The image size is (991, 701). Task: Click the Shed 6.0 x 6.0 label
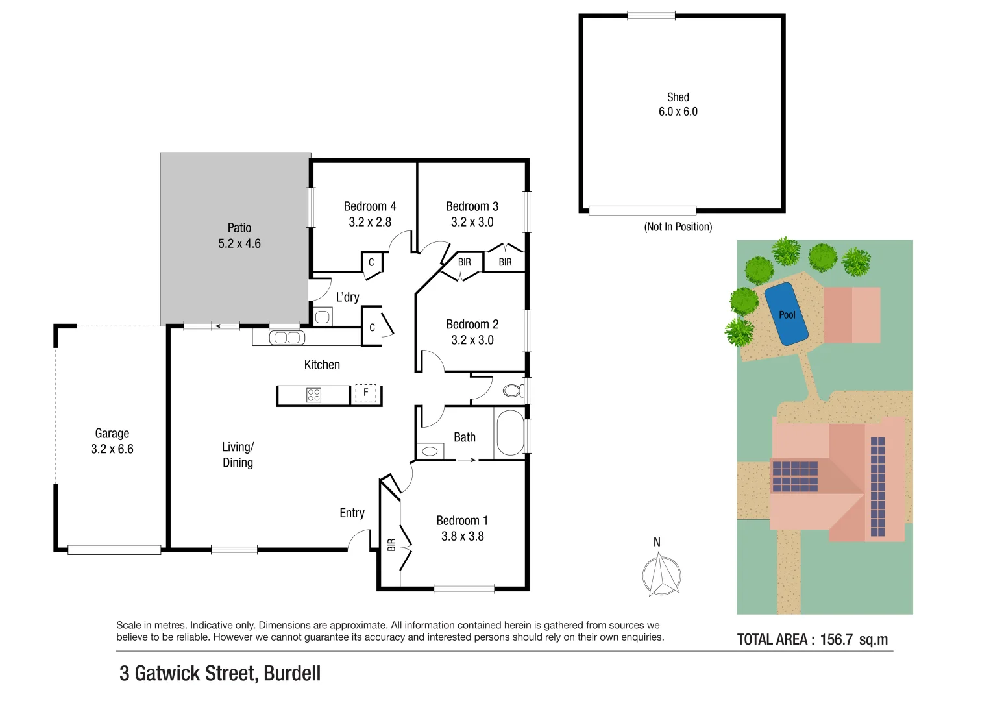click(x=678, y=104)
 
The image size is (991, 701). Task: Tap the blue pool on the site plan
click(x=786, y=314)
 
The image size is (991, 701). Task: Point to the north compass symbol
click(x=661, y=574)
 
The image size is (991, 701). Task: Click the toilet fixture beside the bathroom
click(x=513, y=391)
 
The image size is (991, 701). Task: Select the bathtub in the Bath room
click(x=509, y=432)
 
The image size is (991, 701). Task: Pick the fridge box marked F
click(x=365, y=393)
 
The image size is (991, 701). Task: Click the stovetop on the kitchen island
click(x=313, y=395)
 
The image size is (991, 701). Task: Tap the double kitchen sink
click(x=287, y=338)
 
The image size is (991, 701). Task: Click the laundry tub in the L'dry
click(x=322, y=317)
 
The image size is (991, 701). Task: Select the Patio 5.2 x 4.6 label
click(x=239, y=236)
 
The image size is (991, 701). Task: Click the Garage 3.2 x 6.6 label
click(x=112, y=441)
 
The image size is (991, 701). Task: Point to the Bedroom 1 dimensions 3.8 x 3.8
click(x=462, y=536)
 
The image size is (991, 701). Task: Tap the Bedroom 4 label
click(x=370, y=206)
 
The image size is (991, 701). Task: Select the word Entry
click(x=352, y=513)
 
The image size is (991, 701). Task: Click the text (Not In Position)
click(x=678, y=227)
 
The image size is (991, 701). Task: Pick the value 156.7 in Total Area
click(x=836, y=639)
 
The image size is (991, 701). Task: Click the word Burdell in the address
click(x=292, y=673)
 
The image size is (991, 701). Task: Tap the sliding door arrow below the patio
click(x=226, y=326)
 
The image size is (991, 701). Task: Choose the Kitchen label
click(x=322, y=365)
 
